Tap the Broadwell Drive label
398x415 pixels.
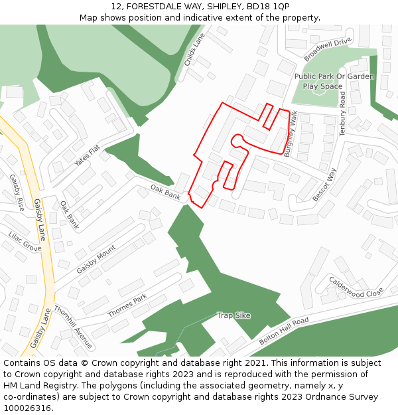click(328, 50)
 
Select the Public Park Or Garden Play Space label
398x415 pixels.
click(334, 81)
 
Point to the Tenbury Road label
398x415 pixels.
click(343, 113)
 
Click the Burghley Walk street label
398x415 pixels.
click(291, 133)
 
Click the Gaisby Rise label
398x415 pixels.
click(17, 193)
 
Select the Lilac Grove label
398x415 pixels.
click(25, 241)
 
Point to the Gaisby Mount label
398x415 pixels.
click(96, 259)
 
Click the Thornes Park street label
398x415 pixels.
click(127, 305)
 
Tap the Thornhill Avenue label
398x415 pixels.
click(73, 327)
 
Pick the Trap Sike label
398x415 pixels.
click(234, 315)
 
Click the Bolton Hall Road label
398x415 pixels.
click(284, 330)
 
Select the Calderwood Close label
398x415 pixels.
click(356, 286)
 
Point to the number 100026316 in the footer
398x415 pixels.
click(27, 408)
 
